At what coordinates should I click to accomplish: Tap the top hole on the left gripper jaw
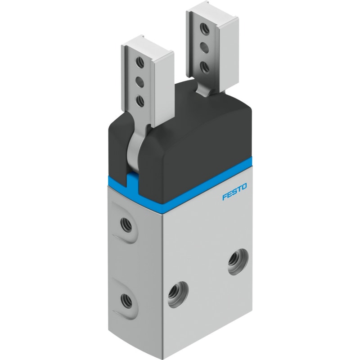tap(139, 62)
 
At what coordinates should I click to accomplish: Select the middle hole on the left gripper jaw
tap(139, 81)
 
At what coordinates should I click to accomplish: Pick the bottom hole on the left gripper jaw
tap(139, 100)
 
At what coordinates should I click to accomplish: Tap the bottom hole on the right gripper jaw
tap(204, 66)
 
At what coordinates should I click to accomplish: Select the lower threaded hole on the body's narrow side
tap(126, 300)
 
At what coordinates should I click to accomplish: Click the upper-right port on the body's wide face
tap(238, 262)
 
